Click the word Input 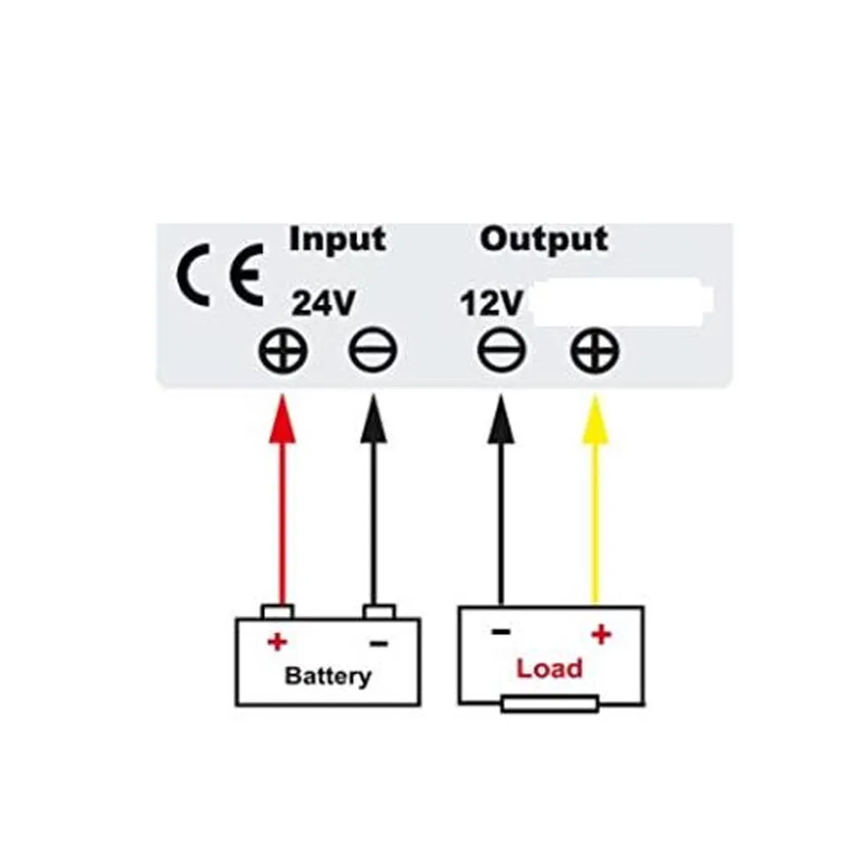pos(338,240)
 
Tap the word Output pos(543,240)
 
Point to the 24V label pos(323,303)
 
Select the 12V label pos(491,304)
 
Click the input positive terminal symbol pos(282,353)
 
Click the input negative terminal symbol pos(372,353)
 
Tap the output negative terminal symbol pos(501,353)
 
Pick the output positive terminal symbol pos(595,353)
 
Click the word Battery pos(328,676)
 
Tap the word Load pos(550,669)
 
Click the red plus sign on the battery pos(277,643)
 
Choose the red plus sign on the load pos(600,635)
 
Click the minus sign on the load pos(500,632)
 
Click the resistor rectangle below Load pos(550,703)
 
